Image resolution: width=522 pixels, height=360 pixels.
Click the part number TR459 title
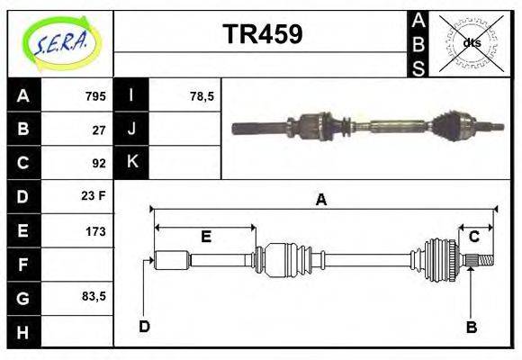pyautogui.click(x=262, y=34)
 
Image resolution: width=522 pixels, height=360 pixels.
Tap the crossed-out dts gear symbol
pyautogui.click(x=471, y=42)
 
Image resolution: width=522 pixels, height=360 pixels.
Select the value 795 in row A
pyautogui.click(x=95, y=96)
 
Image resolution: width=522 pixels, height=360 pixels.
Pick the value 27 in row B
pyautogui.click(x=99, y=130)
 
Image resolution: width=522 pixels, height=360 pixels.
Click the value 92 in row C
pyautogui.click(x=99, y=163)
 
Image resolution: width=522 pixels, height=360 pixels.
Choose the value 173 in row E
pyautogui.click(x=95, y=231)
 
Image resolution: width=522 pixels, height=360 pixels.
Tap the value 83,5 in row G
pyautogui.click(x=94, y=296)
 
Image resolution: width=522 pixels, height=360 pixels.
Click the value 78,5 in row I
pyautogui.click(x=202, y=96)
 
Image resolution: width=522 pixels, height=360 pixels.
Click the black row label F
pyautogui.click(x=23, y=265)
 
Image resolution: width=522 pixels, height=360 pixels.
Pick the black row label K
pyautogui.click(x=131, y=163)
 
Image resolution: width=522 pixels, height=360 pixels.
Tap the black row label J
pyautogui.click(x=131, y=130)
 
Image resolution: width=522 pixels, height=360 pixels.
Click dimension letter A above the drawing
pyautogui.click(x=320, y=201)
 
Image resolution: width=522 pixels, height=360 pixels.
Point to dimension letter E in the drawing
pyautogui.click(x=205, y=237)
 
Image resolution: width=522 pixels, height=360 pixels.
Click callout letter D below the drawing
pyautogui.click(x=144, y=327)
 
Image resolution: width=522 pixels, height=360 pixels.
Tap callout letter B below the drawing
pyautogui.click(x=471, y=328)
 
